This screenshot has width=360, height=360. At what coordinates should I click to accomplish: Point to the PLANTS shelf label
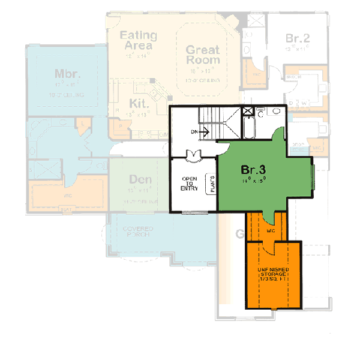coord(211,183)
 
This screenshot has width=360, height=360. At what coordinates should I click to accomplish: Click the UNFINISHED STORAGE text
coord(274,269)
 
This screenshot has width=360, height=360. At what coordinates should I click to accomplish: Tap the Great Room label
coord(202,55)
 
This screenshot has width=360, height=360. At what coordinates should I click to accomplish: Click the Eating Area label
coord(137,40)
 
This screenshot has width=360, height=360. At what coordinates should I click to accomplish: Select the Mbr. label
coord(67,74)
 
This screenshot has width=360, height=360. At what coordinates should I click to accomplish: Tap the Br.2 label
coord(296,38)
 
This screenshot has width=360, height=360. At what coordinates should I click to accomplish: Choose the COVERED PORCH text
coord(138,232)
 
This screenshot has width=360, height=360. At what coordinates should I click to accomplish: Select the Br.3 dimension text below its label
coord(253,179)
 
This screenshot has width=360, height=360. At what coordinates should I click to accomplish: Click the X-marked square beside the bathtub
coord(247,111)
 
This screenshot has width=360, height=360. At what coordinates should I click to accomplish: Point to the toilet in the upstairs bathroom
coord(262,112)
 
